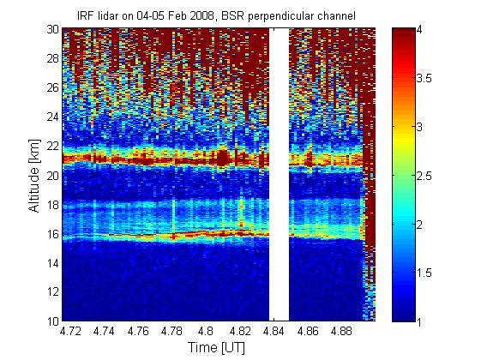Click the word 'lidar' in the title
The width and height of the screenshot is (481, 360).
click(x=109, y=16)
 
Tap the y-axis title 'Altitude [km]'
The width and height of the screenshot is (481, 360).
click(x=34, y=176)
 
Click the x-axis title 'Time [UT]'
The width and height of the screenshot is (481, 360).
click(x=217, y=348)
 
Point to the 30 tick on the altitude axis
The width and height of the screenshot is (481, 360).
click(x=53, y=29)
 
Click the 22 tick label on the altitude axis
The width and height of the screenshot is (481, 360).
click(x=53, y=146)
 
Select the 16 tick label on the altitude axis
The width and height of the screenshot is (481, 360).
click(x=53, y=234)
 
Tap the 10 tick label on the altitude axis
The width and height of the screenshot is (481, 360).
click(x=53, y=321)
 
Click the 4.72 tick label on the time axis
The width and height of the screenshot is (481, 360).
click(x=70, y=331)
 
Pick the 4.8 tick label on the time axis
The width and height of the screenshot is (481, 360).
click(x=206, y=331)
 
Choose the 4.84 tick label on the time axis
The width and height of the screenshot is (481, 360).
click(x=274, y=331)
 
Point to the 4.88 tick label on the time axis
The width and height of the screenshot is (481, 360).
click(x=343, y=331)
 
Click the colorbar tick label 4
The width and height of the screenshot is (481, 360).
click(x=419, y=29)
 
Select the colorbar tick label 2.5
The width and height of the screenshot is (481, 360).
click(x=424, y=176)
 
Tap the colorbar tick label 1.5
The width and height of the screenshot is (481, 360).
click(x=424, y=273)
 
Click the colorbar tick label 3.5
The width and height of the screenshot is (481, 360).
click(x=424, y=78)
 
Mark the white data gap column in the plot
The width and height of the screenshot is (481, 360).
click(x=280, y=175)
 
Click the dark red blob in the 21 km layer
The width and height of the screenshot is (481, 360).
click(x=223, y=158)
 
